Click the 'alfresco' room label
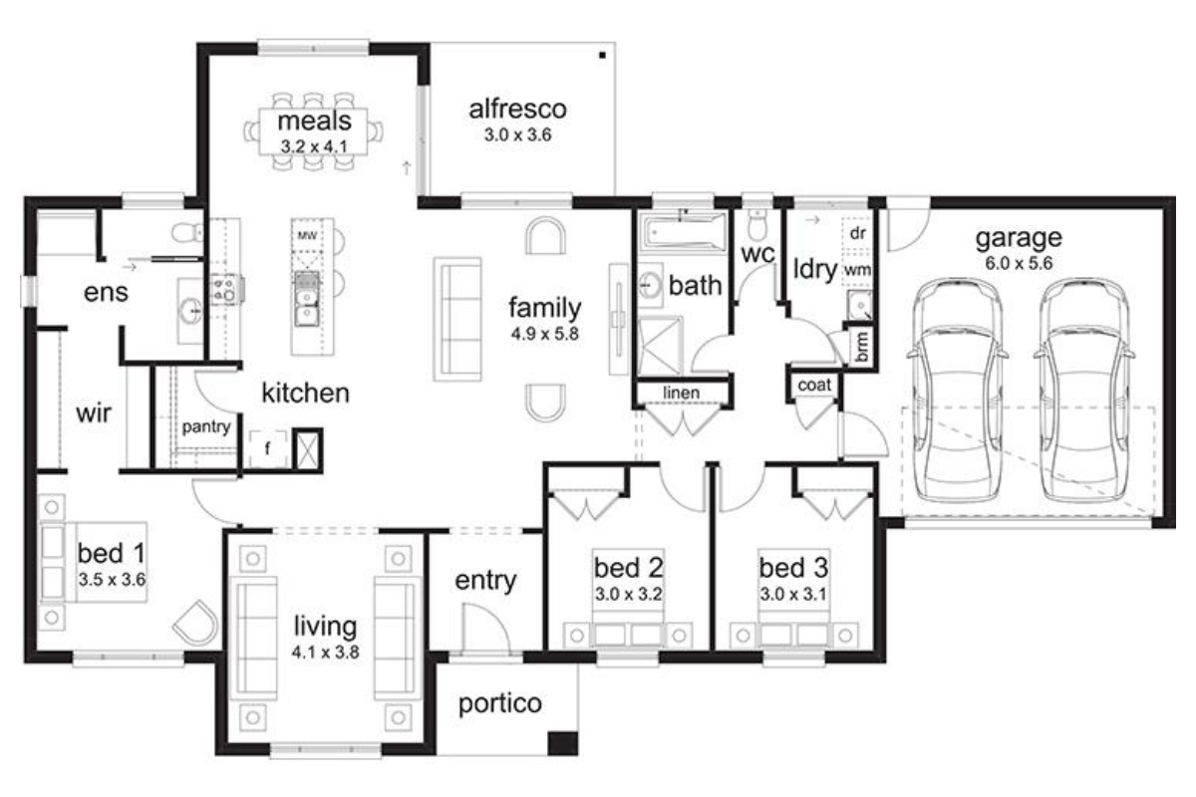517,109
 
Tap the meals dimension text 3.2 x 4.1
314,146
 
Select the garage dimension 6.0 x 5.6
1019,263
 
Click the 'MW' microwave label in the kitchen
307,235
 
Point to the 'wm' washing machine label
857,271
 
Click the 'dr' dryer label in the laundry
857,233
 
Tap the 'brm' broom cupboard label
861,346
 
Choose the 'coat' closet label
814,385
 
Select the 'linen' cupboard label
682,393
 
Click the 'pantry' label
206,427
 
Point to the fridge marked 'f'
267,448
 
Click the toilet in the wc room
756,225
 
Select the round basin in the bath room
649,284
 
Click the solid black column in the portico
563,743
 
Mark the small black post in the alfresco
602,55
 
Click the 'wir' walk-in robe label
94,412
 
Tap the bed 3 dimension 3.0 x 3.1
793,594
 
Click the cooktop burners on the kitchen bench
225,289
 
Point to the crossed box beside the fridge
308,450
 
